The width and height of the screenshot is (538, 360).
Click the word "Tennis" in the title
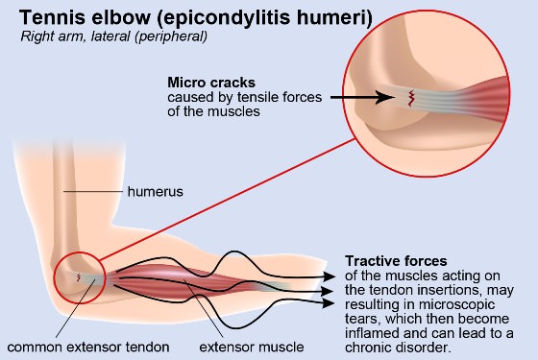(52, 17)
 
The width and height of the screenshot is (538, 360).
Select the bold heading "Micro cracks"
(211, 83)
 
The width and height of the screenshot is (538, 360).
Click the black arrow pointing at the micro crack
(363, 97)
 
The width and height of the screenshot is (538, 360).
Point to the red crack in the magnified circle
(410, 98)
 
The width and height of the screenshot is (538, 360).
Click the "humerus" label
(155, 192)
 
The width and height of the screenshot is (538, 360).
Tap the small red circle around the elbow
(54, 277)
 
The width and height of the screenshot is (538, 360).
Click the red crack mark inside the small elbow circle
(79, 277)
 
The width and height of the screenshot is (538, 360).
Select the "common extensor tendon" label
(88, 347)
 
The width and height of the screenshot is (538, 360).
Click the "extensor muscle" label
(252, 347)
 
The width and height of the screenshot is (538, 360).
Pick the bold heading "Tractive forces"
(396, 261)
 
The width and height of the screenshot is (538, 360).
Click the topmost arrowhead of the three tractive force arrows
(330, 276)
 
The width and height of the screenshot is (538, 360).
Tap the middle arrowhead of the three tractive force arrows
(328, 292)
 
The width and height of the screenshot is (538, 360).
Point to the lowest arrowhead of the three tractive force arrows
(329, 303)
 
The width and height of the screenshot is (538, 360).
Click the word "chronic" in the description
(368, 348)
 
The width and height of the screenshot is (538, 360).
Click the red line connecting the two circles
(228, 200)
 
